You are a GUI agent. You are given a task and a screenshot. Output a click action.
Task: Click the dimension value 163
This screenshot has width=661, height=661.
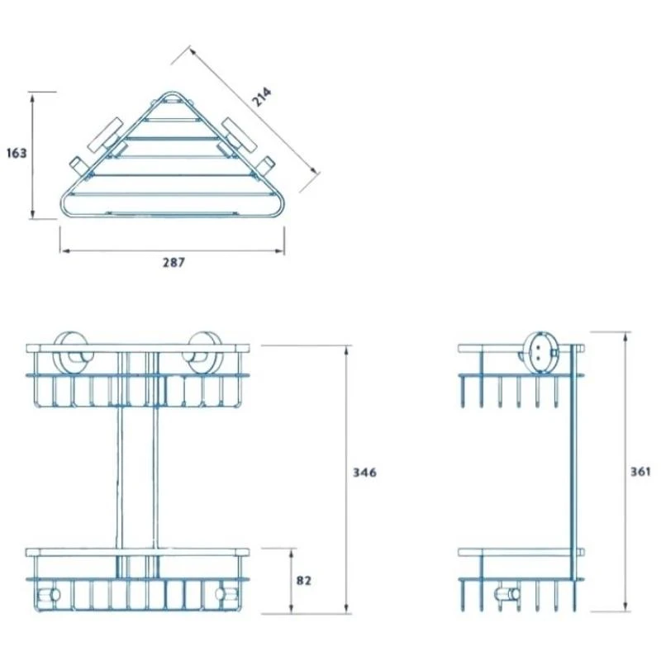coord(16,153)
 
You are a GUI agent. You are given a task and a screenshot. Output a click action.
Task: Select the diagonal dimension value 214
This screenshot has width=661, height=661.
coord(262,97)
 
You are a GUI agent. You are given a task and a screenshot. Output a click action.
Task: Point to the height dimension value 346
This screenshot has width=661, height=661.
coord(364,473)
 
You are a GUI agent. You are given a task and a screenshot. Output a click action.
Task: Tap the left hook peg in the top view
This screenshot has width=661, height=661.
coord(76,165)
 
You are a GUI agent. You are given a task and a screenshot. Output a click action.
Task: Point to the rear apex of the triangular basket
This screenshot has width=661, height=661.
coord(172,92)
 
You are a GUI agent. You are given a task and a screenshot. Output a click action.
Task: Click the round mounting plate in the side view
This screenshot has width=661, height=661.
coord(541,350)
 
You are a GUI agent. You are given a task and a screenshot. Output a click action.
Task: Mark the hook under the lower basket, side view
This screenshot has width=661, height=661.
coord(506,595)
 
